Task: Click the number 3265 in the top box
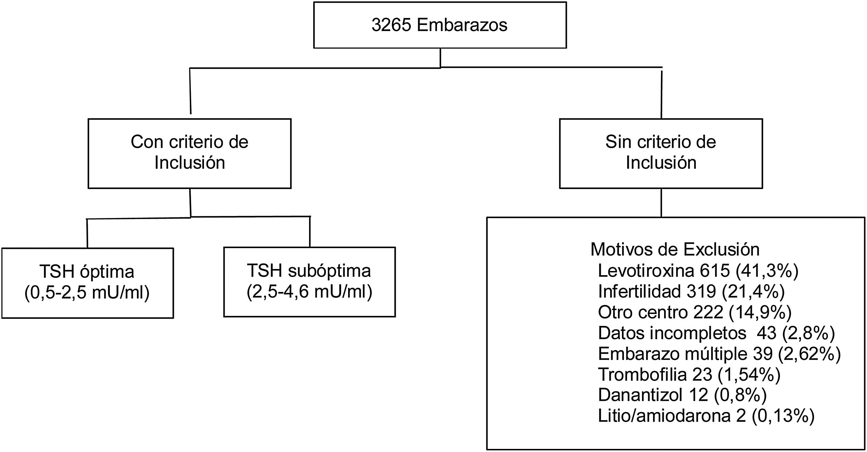391,25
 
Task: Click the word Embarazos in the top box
462,25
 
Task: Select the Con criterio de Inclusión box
189,153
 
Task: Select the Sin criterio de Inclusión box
661,153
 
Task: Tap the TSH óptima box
87,283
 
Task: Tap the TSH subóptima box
309,282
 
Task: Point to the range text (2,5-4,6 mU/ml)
309,292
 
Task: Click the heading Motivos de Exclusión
675,249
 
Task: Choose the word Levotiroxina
646,271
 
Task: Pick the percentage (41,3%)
767,271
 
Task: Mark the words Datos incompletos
672,333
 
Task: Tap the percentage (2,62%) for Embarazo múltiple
809,354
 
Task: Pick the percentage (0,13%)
783,416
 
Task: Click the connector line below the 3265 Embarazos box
440,57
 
